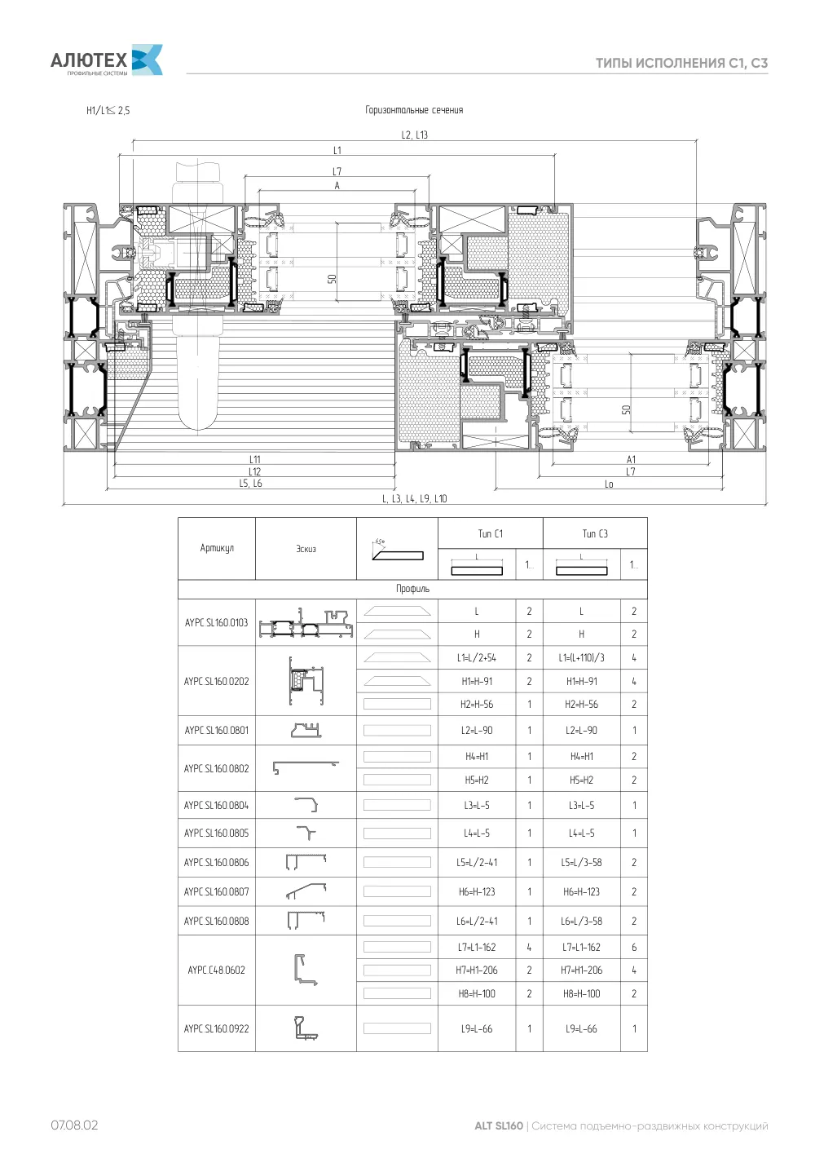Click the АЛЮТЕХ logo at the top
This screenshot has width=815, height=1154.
107,60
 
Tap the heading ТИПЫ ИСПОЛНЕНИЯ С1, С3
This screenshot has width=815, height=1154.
681,63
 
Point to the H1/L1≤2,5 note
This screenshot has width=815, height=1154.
108,110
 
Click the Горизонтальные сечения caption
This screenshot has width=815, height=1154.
414,110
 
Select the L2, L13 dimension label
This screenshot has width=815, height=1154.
415,135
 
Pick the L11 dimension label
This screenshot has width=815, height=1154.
255,459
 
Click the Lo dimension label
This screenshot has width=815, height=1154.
609,484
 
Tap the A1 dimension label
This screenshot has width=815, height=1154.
631,459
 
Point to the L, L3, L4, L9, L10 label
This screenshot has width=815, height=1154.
415,498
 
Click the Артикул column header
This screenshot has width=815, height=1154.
217,548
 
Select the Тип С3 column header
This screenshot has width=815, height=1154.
595,533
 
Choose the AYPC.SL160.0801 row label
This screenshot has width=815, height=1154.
217,730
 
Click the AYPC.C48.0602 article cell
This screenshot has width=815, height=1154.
217,970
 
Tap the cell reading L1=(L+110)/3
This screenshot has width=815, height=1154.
581,658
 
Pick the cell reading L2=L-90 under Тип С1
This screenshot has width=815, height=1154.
477,730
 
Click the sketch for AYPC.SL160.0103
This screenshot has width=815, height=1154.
306,623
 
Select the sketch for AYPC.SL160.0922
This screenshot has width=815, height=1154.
306,1028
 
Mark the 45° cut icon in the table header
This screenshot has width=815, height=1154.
398,550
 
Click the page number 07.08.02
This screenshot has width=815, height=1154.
74,1125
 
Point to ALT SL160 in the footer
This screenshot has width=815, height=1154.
498,1126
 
